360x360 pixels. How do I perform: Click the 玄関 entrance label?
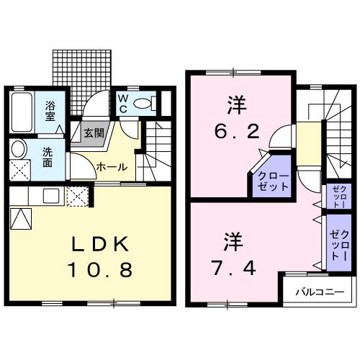[93, 133]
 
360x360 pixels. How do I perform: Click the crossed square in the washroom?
[19, 171]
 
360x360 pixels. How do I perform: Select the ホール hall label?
[112, 167]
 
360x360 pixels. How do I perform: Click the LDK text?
[96, 245]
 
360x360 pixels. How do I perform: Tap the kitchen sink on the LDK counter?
[50, 195]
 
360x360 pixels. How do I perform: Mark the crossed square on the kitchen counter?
[76, 195]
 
